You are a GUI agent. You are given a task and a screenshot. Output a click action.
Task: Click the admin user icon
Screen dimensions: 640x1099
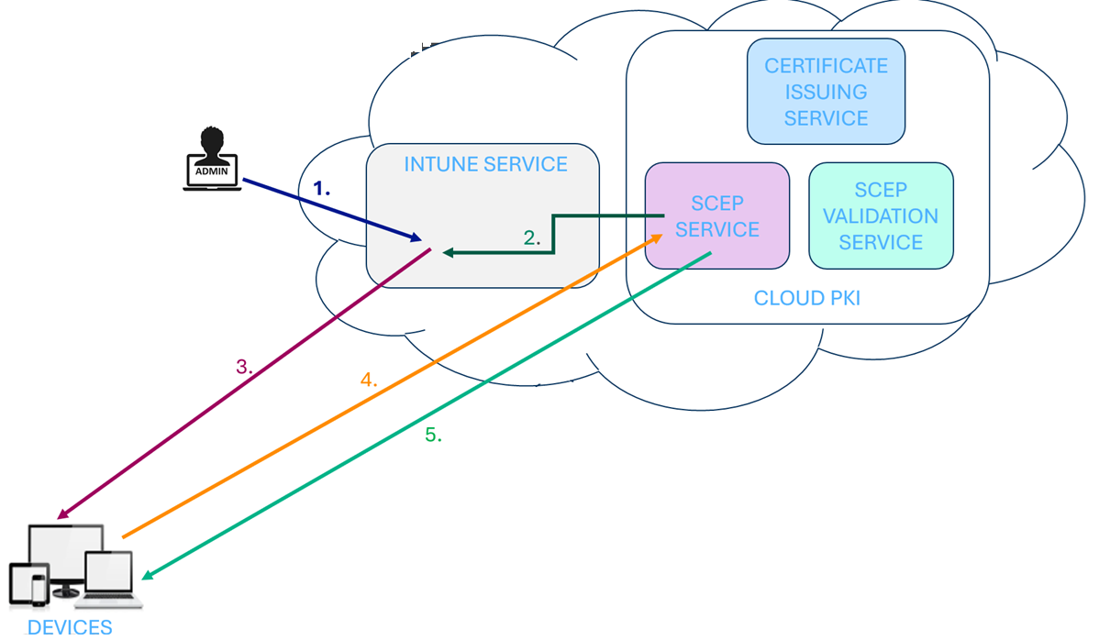click(212, 159)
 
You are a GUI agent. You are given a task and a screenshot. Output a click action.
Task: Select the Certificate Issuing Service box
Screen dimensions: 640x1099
click(826, 92)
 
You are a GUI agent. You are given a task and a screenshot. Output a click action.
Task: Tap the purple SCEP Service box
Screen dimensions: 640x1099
click(716, 216)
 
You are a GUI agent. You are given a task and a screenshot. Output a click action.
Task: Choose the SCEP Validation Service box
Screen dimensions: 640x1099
click(880, 216)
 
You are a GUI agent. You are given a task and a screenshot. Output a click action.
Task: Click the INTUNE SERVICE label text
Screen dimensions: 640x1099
click(485, 165)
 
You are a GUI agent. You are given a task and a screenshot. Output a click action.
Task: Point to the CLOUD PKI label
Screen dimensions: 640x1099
click(806, 299)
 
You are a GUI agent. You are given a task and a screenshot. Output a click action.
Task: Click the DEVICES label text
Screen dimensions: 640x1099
click(70, 628)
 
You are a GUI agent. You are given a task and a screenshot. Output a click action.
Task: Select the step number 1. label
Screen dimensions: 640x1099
click(321, 188)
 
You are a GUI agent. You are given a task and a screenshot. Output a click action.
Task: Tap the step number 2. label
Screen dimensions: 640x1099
click(532, 238)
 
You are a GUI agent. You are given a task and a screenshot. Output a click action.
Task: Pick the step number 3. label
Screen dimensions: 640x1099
click(244, 367)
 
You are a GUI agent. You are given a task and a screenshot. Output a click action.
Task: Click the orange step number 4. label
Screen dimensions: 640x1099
click(369, 380)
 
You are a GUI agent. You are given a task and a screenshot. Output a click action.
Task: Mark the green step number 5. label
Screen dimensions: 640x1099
click(433, 436)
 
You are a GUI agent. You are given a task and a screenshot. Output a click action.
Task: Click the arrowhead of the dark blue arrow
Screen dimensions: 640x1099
click(416, 238)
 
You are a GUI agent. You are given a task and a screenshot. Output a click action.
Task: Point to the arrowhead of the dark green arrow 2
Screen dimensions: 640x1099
click(448, 252)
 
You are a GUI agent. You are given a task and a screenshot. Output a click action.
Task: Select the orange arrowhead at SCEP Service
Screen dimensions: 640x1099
click(658, 237)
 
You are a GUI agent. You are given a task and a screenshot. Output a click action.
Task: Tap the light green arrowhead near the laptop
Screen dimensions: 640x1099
click(147, 576)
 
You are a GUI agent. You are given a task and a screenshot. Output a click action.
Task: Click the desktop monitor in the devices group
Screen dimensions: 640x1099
click(64, 555)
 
